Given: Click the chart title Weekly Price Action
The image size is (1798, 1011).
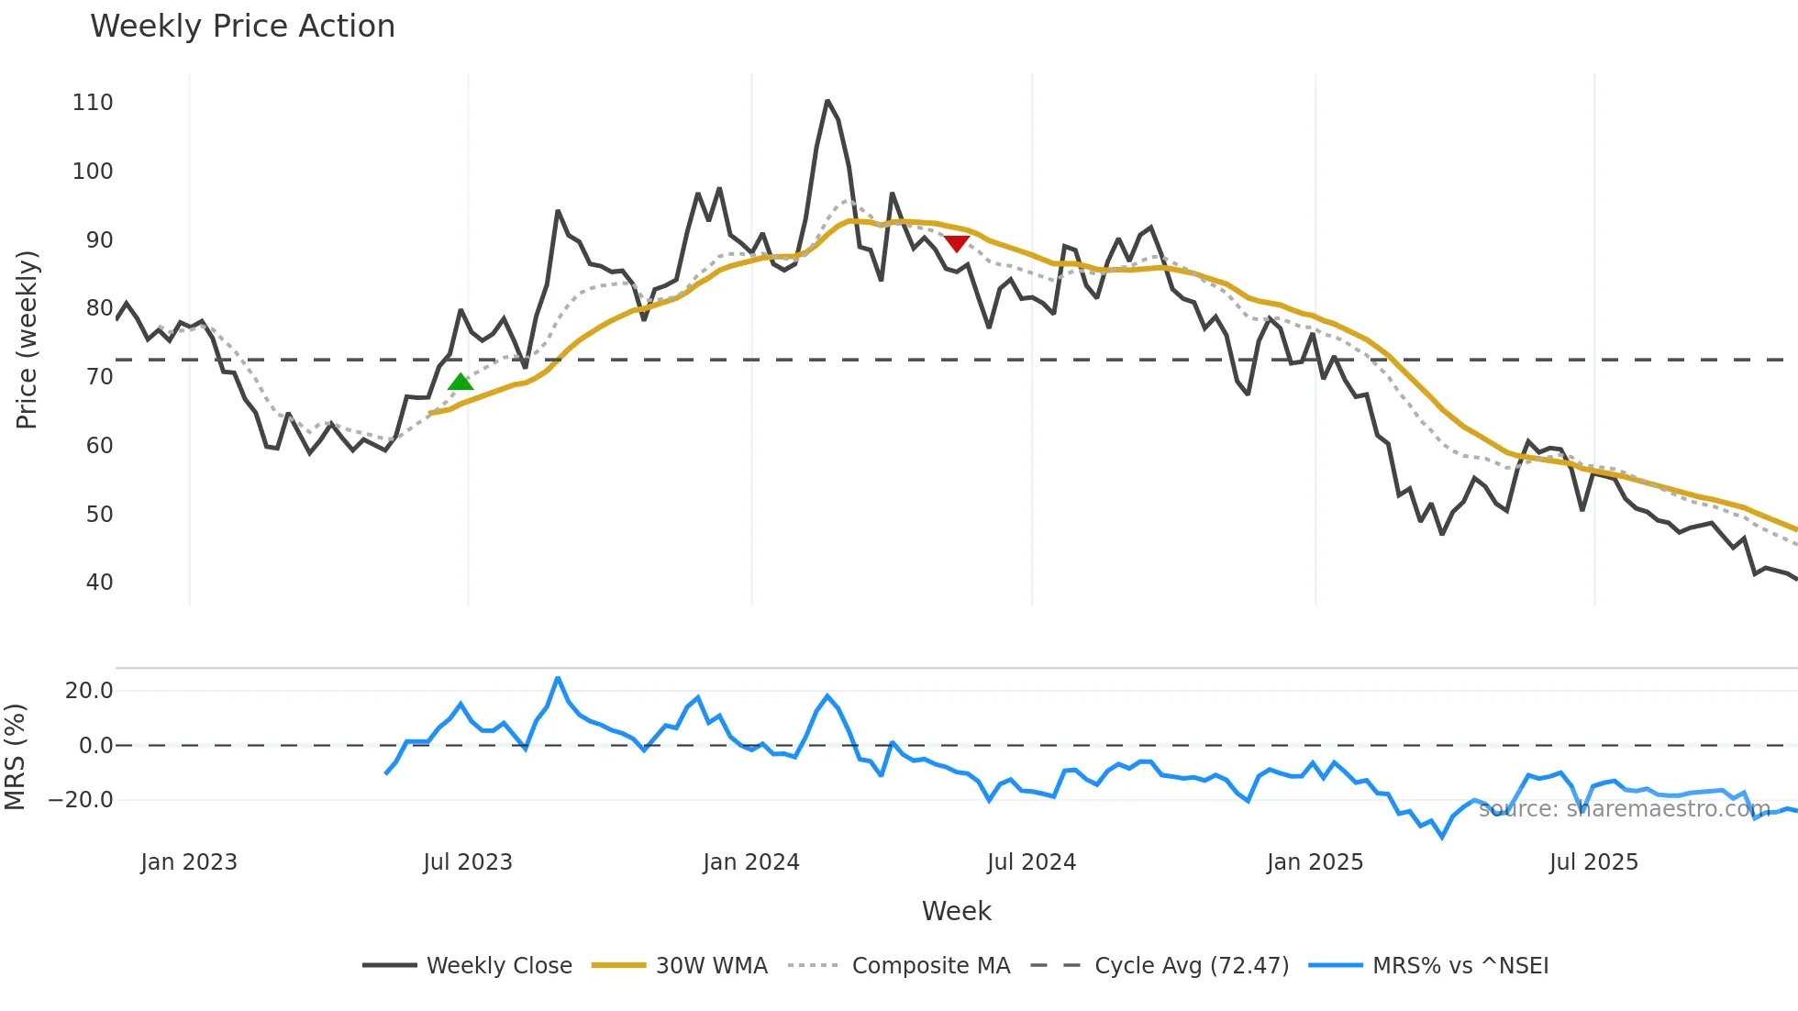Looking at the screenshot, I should (x=242, y=27).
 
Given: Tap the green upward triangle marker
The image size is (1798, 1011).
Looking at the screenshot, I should (x=461, y=381).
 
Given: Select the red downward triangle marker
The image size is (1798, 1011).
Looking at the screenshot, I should (x=957, y=243).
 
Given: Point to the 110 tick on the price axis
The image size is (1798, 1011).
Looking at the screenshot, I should (x=93, y=103).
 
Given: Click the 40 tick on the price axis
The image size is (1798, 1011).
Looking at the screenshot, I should (x=99, y=583).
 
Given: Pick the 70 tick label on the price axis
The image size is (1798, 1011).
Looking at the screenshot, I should (x=99, y=377).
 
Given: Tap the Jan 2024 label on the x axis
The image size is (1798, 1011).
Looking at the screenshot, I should (x=751, y=862).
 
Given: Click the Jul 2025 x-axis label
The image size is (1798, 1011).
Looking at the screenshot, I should (x=1593, y=862).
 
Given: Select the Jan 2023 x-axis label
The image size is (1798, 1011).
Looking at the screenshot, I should (x=189, y=862).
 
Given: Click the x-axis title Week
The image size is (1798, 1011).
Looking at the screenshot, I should (x=956, y=911).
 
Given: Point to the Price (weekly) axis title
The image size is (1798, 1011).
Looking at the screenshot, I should (x=27, y=339).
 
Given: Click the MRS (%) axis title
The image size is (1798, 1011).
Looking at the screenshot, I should (x=15, y=757).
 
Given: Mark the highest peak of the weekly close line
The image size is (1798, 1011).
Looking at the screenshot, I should (x=827, y=101).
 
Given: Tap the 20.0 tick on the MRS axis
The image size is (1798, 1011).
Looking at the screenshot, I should (x=89, y=691).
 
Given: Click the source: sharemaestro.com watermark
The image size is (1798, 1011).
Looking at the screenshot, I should (x=1624, y=809).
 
